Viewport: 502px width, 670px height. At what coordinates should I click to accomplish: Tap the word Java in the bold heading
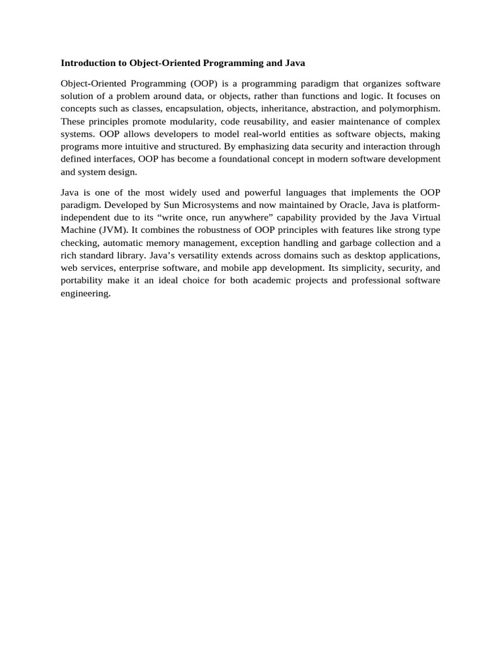click(295, 63)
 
